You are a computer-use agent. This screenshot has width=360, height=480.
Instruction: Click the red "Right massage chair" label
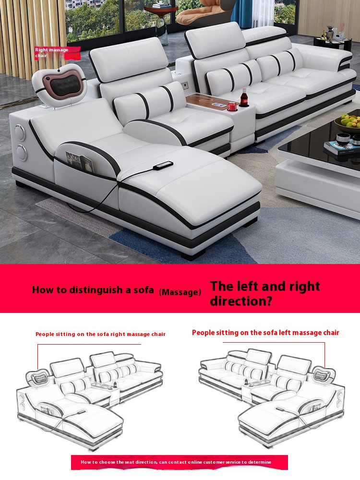tap(57, 53)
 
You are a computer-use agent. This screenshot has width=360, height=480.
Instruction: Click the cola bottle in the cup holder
tap(244, 97)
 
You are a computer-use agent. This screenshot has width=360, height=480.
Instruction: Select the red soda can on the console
tap(232, 106)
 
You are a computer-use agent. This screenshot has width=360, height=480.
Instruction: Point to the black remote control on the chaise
tap(163, 165)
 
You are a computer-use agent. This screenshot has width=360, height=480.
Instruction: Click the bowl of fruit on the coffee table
tap(348, 121)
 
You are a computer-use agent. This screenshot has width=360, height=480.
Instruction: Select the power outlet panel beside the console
tap(185, 85)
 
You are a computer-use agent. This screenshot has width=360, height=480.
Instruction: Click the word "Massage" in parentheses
tap(180, 292)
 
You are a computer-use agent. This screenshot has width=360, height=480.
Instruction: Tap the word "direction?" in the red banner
tap(241, 301)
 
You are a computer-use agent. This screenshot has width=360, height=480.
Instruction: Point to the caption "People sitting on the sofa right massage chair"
tap(100, 334)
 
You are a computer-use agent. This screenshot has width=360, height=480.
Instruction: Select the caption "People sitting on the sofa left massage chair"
tap(265, 333)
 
